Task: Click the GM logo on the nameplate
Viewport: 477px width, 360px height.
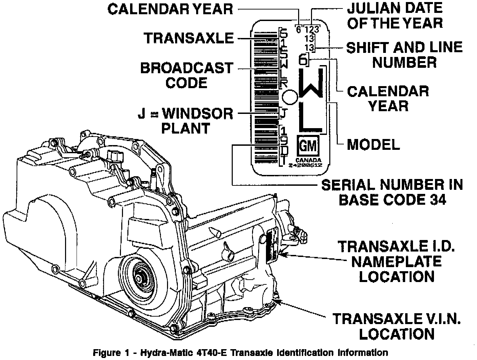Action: tap(308, 146)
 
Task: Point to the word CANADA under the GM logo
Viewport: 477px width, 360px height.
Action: tap(308, 160)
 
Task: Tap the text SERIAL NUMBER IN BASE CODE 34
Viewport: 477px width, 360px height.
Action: tap(392, 192)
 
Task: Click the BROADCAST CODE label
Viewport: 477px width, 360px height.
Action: tap(187, 75)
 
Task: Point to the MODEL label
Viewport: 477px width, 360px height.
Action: tap(373, 145)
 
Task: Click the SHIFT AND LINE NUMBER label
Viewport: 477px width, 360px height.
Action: tap(404, 55)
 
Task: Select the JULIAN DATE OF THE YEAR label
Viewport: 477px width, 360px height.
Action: tap(395, 15)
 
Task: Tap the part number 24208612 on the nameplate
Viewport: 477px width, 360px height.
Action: tap(305, 165)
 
